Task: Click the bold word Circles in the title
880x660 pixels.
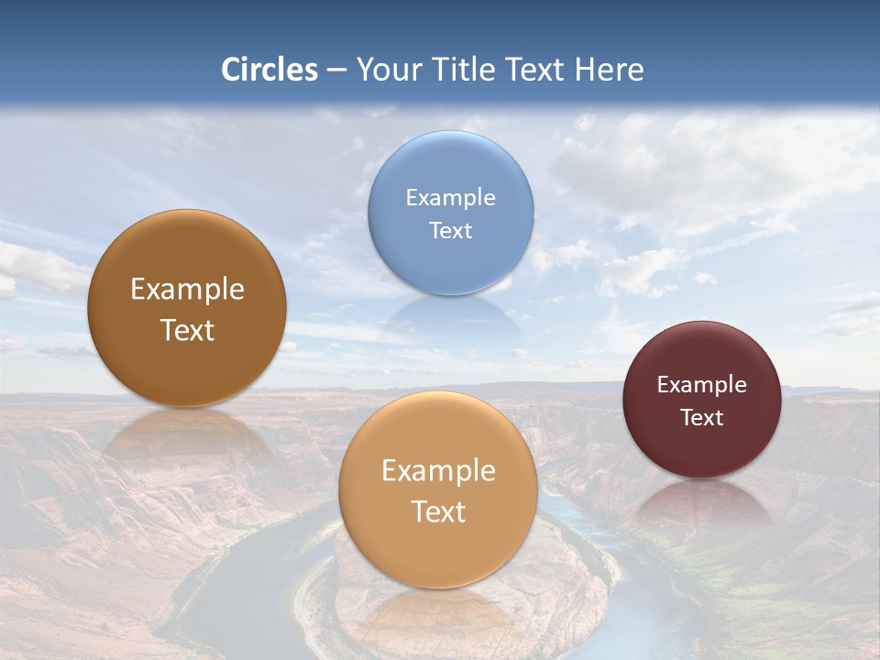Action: click(269, 70)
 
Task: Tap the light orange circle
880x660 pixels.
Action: click(438, 550)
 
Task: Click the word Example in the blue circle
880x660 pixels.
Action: click(451, 198)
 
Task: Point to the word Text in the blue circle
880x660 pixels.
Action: click(451, 231)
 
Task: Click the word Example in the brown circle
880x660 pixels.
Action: click(187, 290)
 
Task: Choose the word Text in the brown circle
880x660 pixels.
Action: click(187, 331)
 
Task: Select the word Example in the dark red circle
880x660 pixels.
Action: click(702, 385)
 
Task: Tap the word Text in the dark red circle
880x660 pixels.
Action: click(702, 418)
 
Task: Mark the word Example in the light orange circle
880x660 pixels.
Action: click(438, 471)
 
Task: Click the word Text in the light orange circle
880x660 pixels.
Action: click(438, 512)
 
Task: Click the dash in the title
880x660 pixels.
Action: click(336, 71)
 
